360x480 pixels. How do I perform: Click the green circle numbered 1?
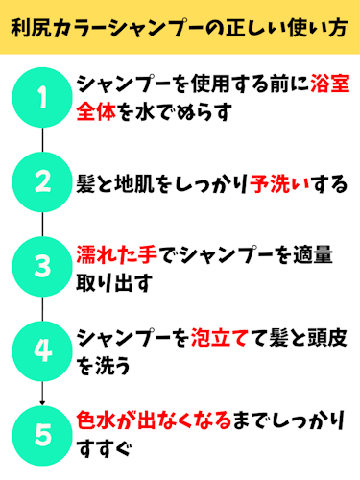pyautogui.click(x=42, y=97)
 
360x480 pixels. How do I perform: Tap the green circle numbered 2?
pyautogui.click(x=42, y=181)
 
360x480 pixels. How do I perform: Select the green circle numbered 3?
pyautogui.click(x=42, y=266)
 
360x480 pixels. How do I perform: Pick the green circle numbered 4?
pyautogui.click(x=42, y=350)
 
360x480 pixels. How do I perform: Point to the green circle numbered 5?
pyautogui.click(x=42, y=434)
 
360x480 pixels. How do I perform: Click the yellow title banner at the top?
pyautogui.click(x=180, y=30)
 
